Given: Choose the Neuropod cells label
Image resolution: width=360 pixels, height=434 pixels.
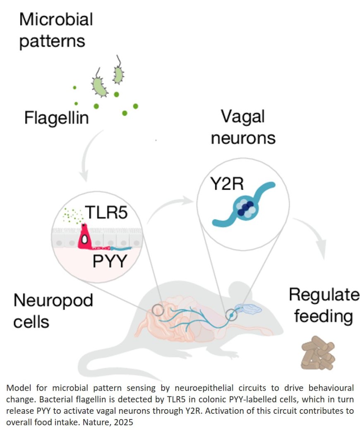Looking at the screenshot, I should point(53,310).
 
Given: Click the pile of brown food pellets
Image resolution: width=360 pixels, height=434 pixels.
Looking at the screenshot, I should point(317,352).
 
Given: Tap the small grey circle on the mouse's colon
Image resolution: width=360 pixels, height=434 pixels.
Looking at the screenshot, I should point(158,310).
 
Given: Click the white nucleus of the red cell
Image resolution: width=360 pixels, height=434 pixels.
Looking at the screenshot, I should point(84,239).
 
